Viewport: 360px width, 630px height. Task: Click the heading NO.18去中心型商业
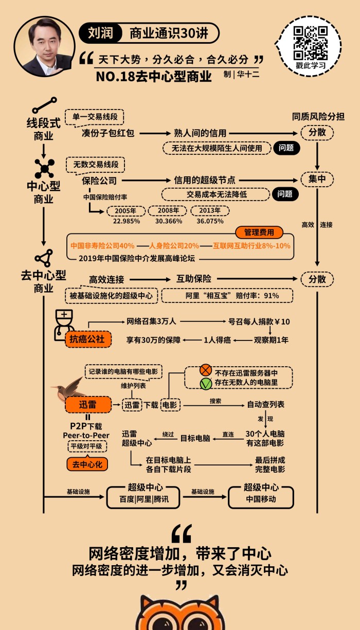pyautogui.click(x=154, y=77)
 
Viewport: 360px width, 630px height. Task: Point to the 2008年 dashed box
pyautogui.click(x=167, y=211)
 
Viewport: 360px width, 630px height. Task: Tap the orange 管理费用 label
pyautogui.click(x=259, y=232)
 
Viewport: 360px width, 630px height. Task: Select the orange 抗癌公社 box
pyautogui.click(x=87, y=339)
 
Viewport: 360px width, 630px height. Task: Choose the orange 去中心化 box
pyautogui.click(x=87, y=464)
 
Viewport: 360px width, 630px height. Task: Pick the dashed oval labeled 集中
pyautogui.click(x=317, y=179)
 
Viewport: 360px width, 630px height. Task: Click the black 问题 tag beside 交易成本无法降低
pyautogui.click(x=285, y=194)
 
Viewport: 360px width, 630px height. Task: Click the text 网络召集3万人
pyautogui.click(x=152, y=321)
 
